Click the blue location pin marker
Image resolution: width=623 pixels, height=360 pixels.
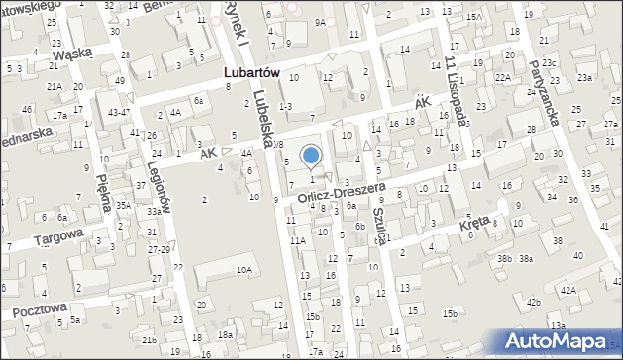pos(311,156)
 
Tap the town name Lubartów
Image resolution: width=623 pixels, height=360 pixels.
pos(238,72)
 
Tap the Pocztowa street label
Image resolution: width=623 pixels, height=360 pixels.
pos(40,308)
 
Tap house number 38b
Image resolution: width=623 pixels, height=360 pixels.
pos(504,258)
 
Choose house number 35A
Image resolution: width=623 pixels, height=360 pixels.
pos(123,205)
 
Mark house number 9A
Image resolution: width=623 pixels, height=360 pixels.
pos(320,21)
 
